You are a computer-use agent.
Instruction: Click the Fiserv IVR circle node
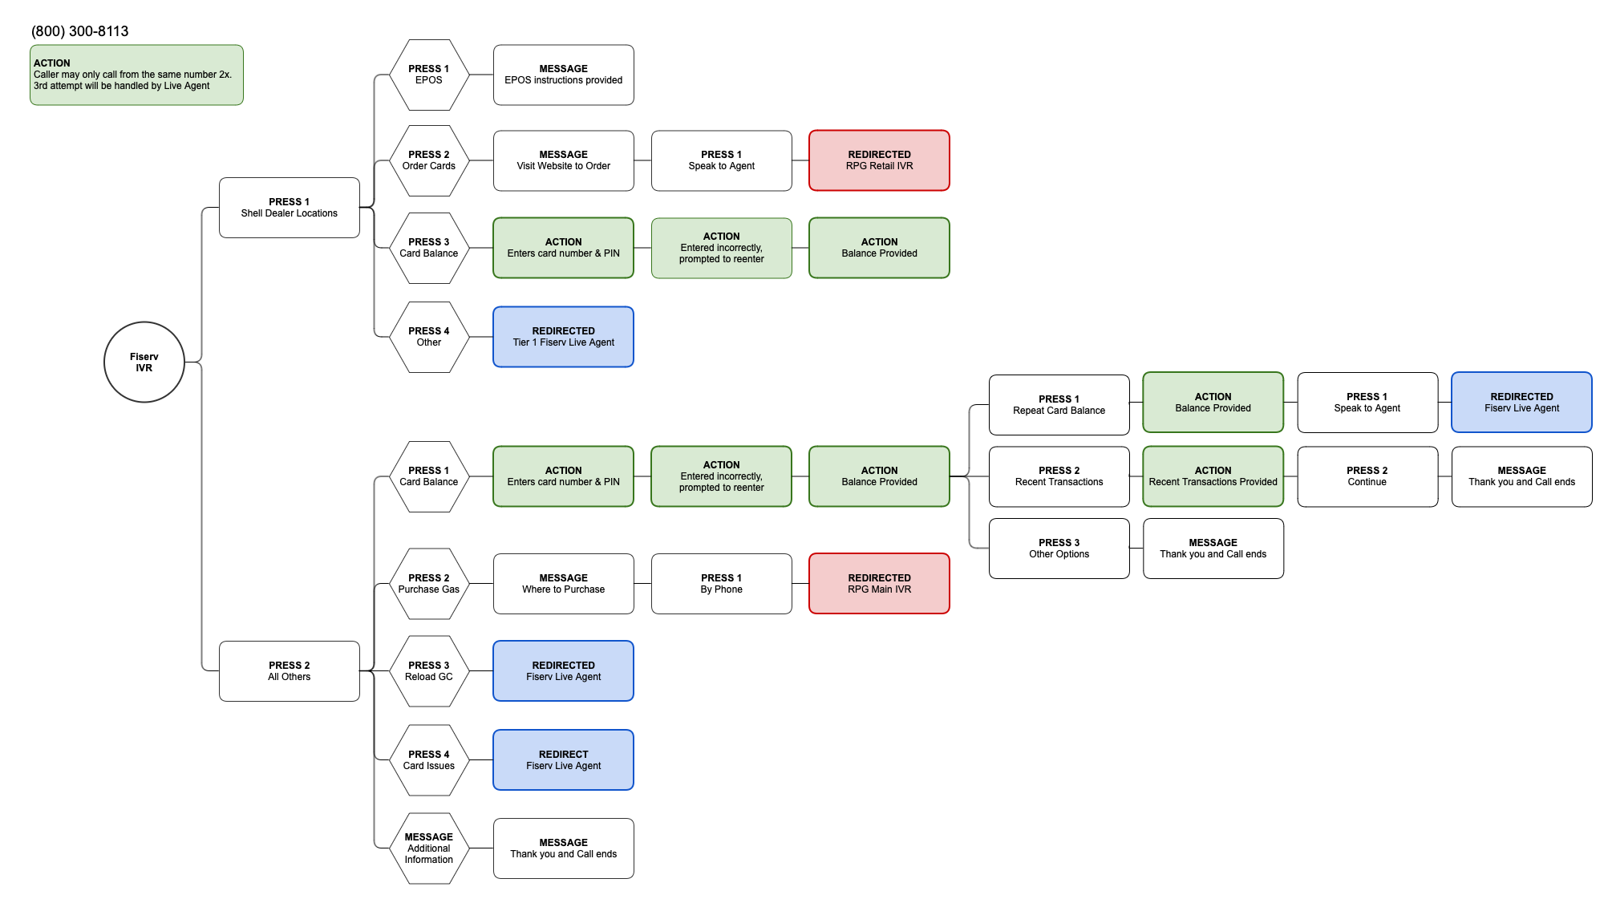(144, 362)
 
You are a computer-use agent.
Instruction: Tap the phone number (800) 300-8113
(80, 31)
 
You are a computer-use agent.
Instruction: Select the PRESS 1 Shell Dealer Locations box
(289, 208)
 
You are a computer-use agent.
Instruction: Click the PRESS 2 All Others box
(289, 671)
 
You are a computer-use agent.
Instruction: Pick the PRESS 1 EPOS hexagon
(429, 75)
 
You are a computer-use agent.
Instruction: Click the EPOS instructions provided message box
(563, 75)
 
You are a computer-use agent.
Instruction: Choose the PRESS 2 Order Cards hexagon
(429, 160)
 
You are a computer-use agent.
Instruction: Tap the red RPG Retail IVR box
(879, 160)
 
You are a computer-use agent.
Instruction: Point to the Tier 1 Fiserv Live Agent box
(563, 337)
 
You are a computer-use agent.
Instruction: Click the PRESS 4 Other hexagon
(429, 337)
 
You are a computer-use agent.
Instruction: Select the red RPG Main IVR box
(879, 584)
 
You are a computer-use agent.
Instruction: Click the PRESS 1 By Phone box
(721, 584)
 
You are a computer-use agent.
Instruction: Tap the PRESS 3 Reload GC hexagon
(429, 671)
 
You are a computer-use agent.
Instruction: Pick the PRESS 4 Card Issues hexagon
(429, 760)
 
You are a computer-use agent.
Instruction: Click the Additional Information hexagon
(429, 848)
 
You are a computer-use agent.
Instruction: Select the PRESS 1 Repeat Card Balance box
(1059, 405)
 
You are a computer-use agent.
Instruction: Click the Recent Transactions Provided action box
(1213, 476)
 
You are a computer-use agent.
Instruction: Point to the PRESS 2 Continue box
(1367, 476)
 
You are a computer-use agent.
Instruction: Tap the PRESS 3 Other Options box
(1059, 549)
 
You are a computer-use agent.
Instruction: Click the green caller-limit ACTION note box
(136, 75)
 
